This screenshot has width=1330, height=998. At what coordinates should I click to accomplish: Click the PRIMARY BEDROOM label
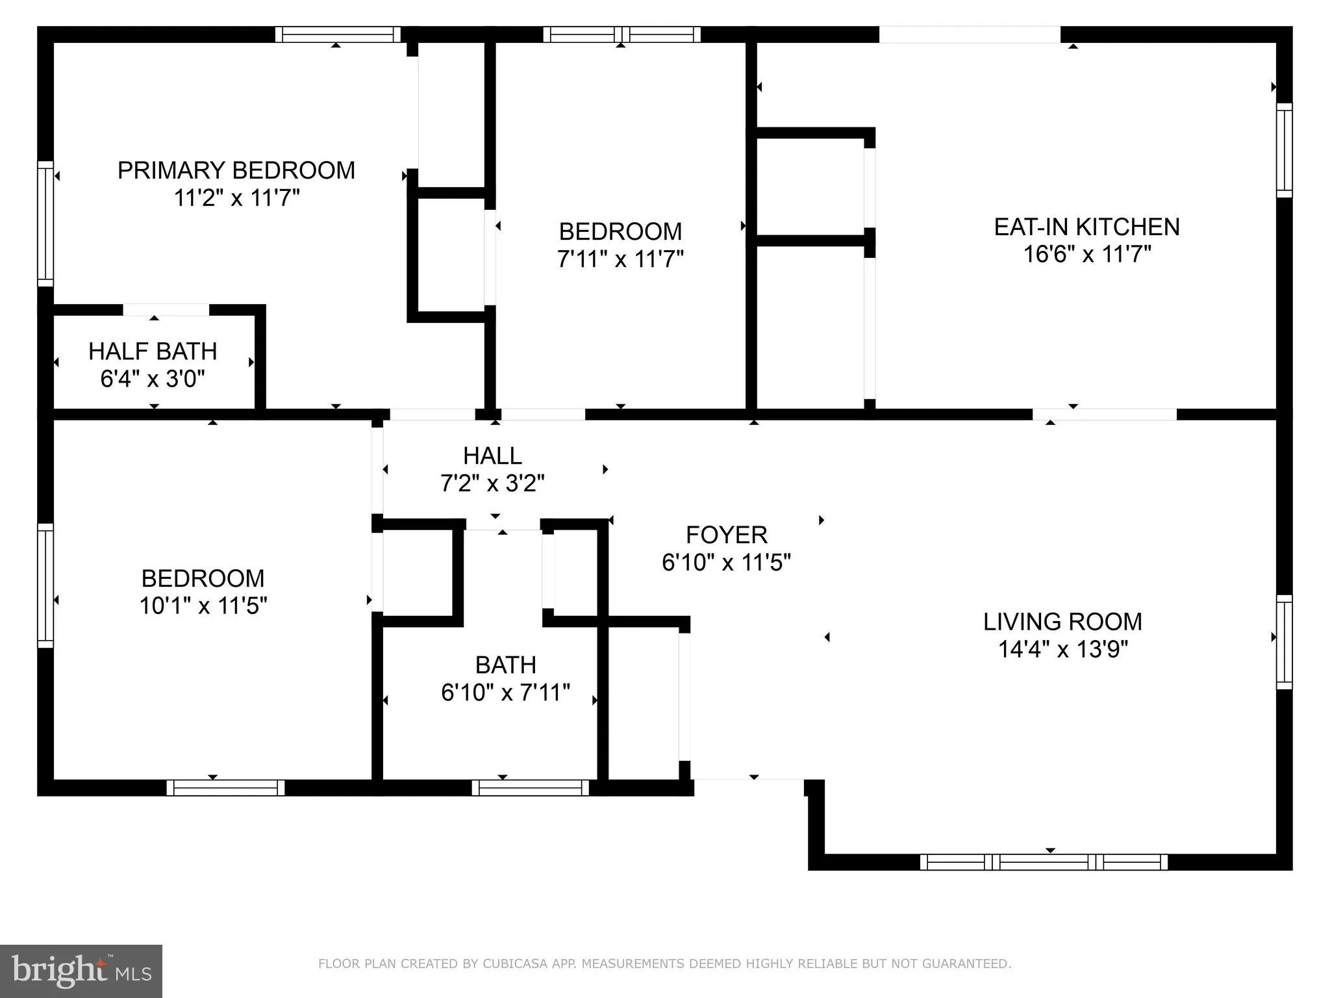(236, 170)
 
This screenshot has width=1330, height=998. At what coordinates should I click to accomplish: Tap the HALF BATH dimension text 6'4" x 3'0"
(153, 378)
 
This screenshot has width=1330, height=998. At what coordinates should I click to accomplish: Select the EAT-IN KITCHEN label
(1086, 227)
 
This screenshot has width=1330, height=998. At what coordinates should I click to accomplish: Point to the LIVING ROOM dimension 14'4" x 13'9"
(1062, 649)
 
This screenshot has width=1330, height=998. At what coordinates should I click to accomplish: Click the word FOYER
(726, 535)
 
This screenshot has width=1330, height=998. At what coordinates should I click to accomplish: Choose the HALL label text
(492, 456)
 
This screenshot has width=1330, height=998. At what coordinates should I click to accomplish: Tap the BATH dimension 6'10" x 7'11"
(505, 693)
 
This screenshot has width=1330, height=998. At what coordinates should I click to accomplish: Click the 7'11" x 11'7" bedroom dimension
(620, 259)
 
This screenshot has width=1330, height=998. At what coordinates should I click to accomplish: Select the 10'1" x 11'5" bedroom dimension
(203, 606)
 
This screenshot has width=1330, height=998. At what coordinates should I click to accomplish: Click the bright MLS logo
(81, 971)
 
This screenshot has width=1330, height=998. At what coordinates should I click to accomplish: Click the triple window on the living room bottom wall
(1044, 862)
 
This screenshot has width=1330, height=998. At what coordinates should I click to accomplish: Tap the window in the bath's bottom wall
(531, 787)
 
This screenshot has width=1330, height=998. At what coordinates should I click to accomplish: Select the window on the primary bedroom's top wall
(338, 34)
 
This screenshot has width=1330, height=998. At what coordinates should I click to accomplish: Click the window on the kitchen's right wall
(1284, 149)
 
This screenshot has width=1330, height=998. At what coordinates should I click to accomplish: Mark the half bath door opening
(166, 310)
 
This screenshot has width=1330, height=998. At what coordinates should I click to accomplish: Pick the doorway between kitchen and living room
(1104, 415)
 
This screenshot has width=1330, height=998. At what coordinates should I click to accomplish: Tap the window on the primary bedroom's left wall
(45, 224)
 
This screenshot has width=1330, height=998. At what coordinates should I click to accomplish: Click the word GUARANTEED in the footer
(968, 964)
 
